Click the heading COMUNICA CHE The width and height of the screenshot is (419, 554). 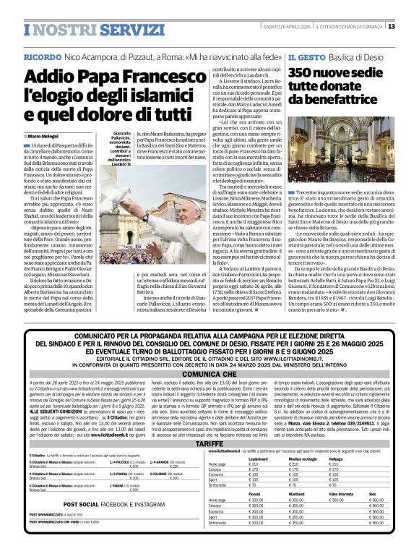click(209, 375)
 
